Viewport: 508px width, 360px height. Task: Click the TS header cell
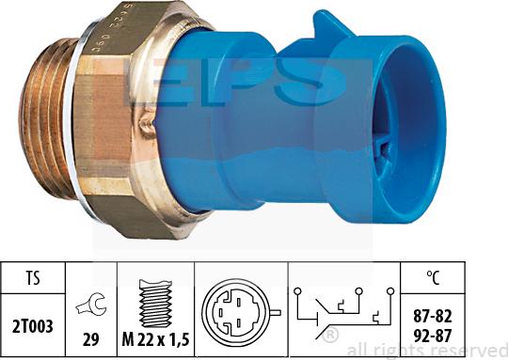point(32,278)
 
